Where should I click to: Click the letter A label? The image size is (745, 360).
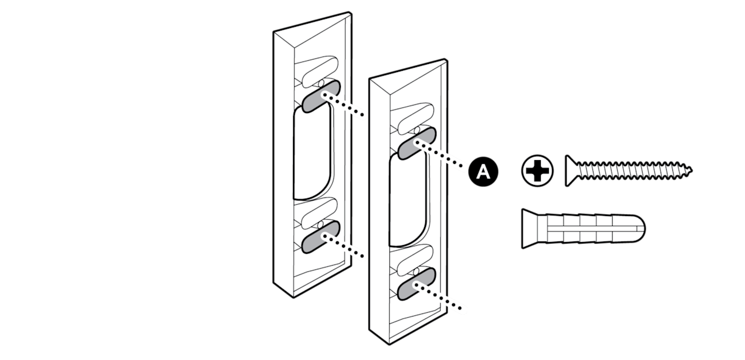pyautogui.click(x=483, y=173)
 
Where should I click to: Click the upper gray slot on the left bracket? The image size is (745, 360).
pyautogui.click(x=321, y=95)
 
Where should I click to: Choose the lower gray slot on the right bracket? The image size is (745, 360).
pyautogui.click(x=415, y=286)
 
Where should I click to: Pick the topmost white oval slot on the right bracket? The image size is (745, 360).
pyautogui.click(x=410, y=118)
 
